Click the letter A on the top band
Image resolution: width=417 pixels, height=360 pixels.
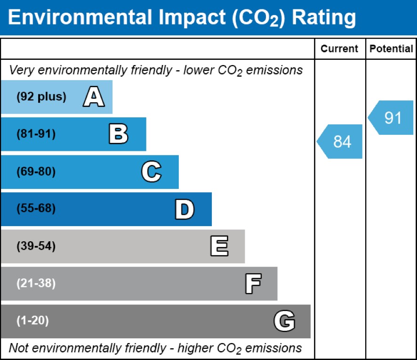pos(94,97)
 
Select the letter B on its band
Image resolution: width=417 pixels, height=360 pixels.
pos(118,134)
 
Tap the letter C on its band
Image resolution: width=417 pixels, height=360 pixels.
pos(151,172)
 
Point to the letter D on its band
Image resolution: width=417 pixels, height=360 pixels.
pos(184,209)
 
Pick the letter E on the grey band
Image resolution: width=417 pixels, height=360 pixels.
pos(219,246)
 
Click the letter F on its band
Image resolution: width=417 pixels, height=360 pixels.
pos(253,284)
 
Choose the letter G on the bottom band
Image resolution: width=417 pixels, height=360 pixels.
pos(284,321)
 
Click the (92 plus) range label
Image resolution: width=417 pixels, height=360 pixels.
pos(41,97)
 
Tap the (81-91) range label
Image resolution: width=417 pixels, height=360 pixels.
pos(36,134)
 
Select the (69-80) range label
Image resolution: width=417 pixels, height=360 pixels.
pos(36,172)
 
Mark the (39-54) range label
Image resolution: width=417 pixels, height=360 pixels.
pos(36,246)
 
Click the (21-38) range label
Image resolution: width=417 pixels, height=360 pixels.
pos(36,284)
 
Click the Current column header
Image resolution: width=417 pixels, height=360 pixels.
pos(339,49)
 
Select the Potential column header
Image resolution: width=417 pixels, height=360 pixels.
pos(391,49)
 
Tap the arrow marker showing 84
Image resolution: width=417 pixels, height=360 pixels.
pos(340,141)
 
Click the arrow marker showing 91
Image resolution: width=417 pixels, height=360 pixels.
pos(391,118)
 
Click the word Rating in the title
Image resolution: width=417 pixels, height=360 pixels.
pos(324,18)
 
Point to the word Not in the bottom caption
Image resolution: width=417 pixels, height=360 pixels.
pos(18,348)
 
